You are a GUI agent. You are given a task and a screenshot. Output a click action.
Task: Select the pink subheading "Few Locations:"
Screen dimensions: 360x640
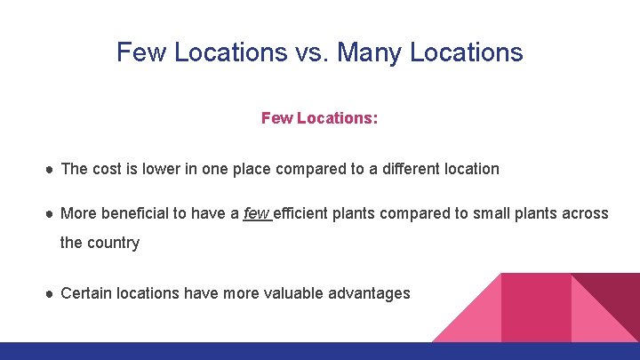pyautogui.click(x=319, y=118)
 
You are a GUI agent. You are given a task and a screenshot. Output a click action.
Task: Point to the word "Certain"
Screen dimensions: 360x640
pyautogui.click(x=88, y=292)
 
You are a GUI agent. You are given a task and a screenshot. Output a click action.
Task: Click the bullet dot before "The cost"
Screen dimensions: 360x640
pyautogui.click(x=51, y=169)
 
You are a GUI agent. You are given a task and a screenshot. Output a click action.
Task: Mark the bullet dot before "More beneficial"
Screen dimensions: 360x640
pyautogui.click(x=51, y=214)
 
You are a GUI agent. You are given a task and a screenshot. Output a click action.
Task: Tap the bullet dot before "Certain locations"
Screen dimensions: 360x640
pyautogui.click(x=51, y=292)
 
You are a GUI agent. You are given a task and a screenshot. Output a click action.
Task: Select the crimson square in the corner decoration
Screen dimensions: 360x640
pyautogui.click(x=536, y=307)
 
